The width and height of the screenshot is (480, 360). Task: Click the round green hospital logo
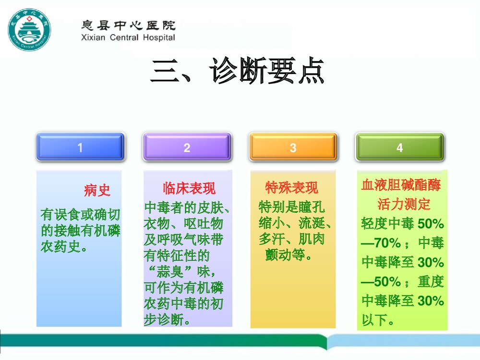(x=29, y=32)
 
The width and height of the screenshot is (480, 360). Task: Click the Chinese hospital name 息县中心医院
(x=127, y=25)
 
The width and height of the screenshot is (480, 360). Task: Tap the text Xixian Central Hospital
(x=127, y=37)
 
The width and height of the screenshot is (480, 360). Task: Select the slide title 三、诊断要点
(x=238, y=72)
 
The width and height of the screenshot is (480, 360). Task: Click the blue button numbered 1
(x=80, y=147)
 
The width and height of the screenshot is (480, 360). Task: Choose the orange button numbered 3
(x=293, y=147)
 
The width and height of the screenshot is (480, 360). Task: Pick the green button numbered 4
(x=399, y=147)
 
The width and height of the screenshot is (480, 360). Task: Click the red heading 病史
(x=97, y=191)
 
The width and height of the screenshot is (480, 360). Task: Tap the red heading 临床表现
(x=189, y=188)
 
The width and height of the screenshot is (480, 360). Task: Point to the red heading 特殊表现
(x=291, y=187)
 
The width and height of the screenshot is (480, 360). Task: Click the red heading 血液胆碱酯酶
(x=401, y=185)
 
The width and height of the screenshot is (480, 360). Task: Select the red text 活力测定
(x=403, y=204)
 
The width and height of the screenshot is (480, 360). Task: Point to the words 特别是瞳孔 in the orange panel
(x=291, y=207)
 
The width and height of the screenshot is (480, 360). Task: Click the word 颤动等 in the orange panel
(x=285, y=255)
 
